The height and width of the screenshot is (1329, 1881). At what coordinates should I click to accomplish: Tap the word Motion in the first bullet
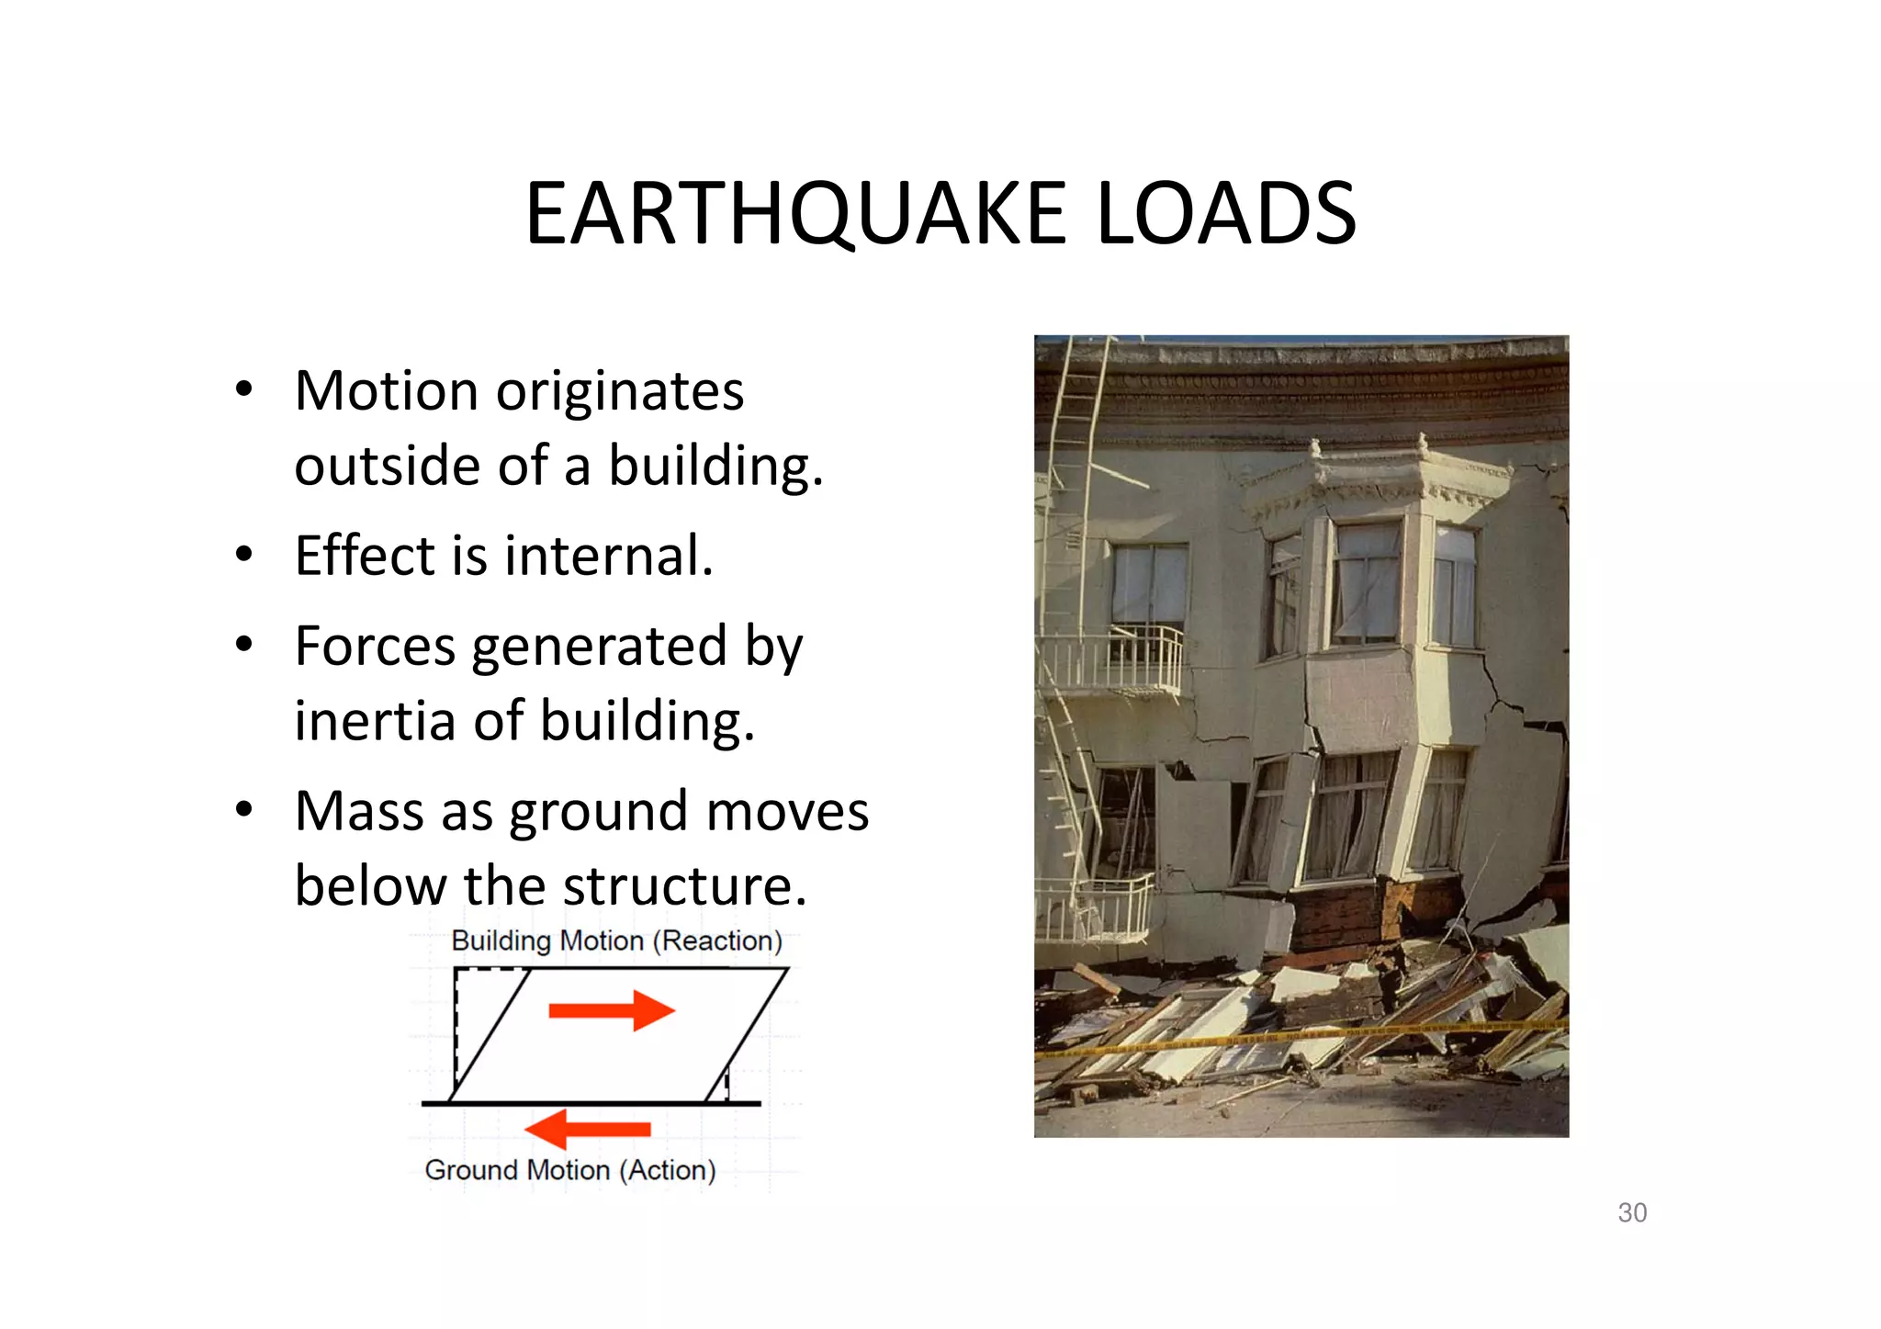[387, 391]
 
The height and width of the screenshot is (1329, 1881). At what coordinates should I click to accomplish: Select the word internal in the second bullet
[608, 556]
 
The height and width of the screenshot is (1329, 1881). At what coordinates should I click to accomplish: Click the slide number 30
[1632, 1212]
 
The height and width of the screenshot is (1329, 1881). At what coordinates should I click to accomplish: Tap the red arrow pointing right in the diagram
[612, 1010]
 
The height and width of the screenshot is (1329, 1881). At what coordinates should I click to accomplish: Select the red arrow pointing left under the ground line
[588, 1129]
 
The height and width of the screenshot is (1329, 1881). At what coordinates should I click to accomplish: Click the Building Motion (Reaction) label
[616, 940]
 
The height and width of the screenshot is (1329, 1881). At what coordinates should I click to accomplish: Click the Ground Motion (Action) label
[569, 1170]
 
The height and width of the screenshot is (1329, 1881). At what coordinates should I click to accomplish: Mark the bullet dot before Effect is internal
[243, 555]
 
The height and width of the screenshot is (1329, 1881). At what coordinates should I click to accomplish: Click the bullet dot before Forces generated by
[243, 645]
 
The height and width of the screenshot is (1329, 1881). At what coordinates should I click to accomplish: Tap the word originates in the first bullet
[620, 393]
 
